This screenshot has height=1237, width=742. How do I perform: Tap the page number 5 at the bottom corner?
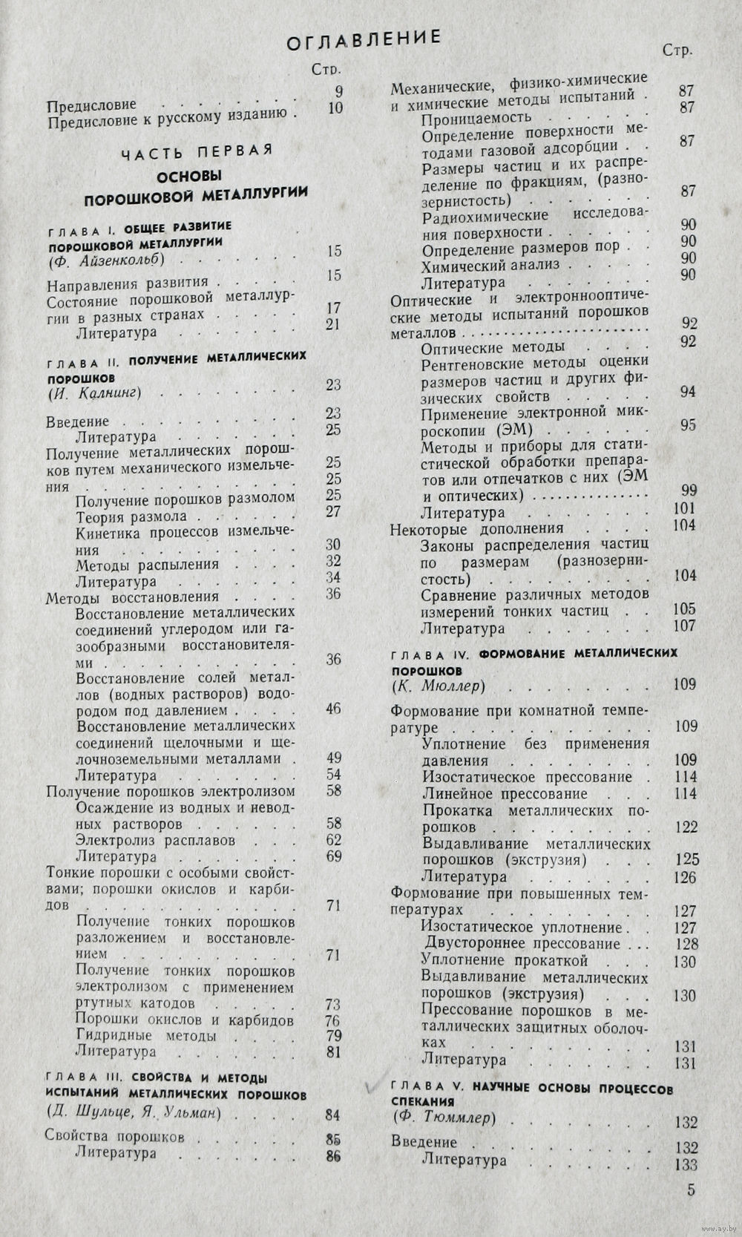click(691, 1191)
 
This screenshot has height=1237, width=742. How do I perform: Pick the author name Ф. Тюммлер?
click(443, 1118)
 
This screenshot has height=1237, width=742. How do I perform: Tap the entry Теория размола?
click(131, 516)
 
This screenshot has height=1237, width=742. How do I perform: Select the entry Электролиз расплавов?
click(156, 840)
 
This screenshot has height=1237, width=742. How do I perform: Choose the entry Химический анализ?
click(491, 265)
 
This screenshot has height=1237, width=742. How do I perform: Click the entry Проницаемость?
click(476, 117)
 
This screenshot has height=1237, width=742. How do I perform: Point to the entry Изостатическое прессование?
click(527, 777)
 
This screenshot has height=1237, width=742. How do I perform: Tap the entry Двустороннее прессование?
click(522, 944)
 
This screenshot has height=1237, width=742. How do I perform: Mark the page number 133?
click(686, 1165)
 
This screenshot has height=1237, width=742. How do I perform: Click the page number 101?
click(684, 508)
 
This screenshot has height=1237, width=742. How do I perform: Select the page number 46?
click(333, 709)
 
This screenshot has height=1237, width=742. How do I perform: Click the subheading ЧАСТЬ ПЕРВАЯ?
click(197, 152)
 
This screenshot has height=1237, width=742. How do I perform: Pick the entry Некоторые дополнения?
click(477, 529)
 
